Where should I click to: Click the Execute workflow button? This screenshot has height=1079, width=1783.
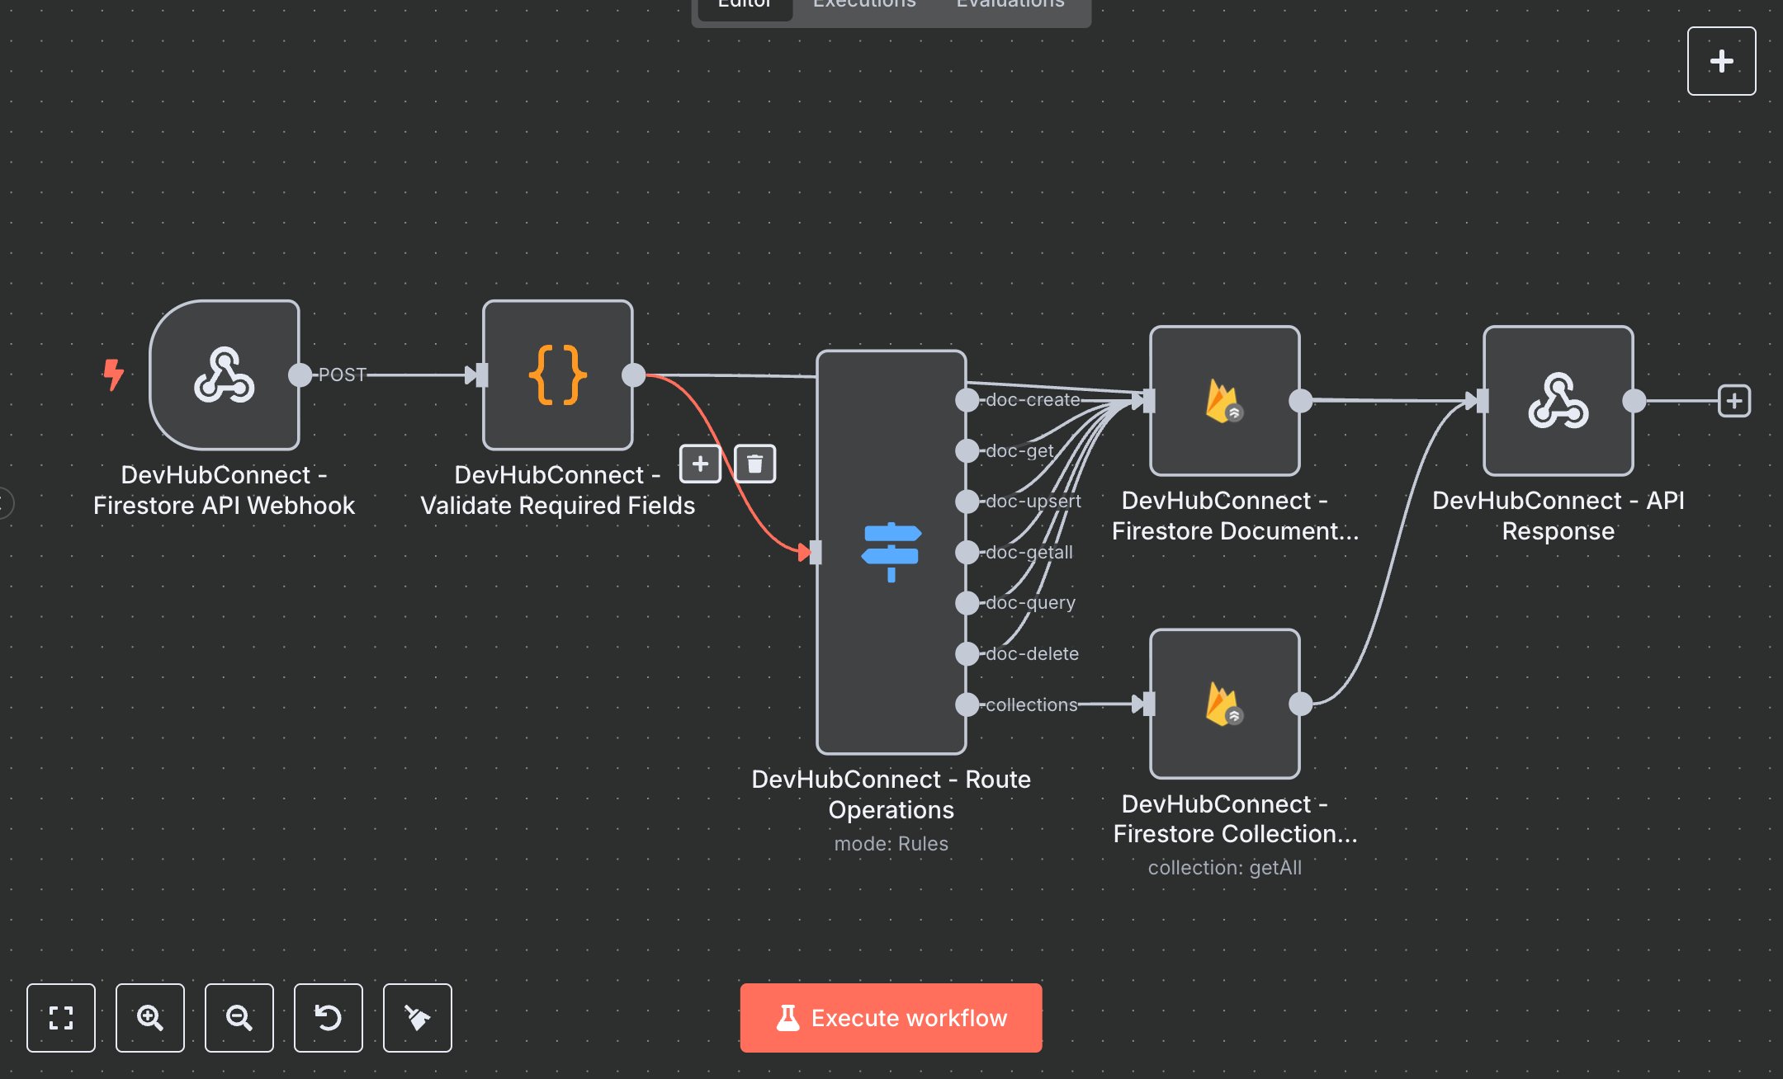pos(891,1017)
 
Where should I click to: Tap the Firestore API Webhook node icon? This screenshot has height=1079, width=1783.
pos(224,375)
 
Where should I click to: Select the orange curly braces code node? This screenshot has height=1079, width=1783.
pos(557,375)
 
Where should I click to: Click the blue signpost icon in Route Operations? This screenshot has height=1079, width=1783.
pos(891,552)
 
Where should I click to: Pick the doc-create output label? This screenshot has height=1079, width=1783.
pos(1032,400)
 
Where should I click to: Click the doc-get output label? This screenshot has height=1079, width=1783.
pos(1019,451)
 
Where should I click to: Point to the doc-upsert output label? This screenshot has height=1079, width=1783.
pos(1033,502)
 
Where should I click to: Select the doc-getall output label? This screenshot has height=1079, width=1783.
pos(1029,553)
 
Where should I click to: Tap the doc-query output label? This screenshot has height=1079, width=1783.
pos(1030,603)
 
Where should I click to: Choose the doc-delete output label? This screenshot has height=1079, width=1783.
pos(1032,654)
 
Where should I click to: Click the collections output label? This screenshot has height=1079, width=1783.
pos(1031,705)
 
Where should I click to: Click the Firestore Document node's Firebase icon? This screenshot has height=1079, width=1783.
pos(1224,401)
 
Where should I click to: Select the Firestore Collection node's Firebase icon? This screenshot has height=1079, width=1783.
pos(1224,704)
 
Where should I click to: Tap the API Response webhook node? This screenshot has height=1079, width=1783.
pos(1558,401)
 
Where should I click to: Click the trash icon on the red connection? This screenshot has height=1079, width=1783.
pos(754,464)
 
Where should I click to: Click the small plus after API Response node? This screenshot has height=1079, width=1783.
pos(1733,401)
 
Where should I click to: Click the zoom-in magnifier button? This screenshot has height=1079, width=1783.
pos(149,1017)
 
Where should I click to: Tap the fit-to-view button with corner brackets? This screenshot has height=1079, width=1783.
pos(60,1017)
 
